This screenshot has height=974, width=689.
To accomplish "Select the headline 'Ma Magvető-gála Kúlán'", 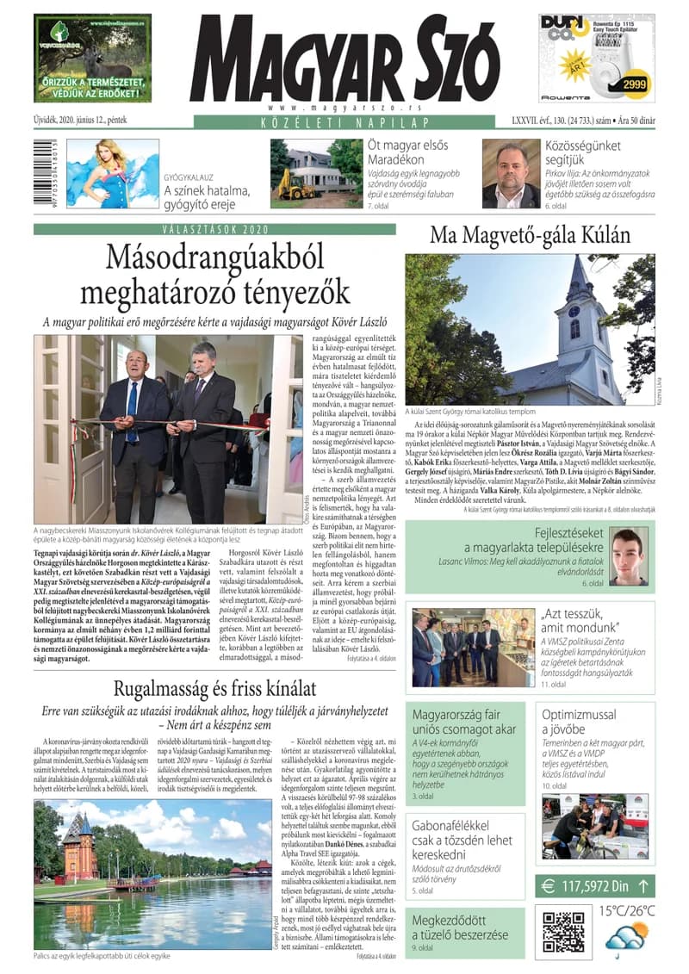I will click(530, 235).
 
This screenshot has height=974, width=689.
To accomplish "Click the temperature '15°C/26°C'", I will click(627, 909).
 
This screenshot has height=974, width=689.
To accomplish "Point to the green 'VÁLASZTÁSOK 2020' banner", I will click(214, 229).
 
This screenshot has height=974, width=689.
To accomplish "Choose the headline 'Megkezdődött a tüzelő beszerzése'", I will click(460, 927).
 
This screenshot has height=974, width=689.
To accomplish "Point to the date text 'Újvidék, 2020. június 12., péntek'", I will click(92, 121).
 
